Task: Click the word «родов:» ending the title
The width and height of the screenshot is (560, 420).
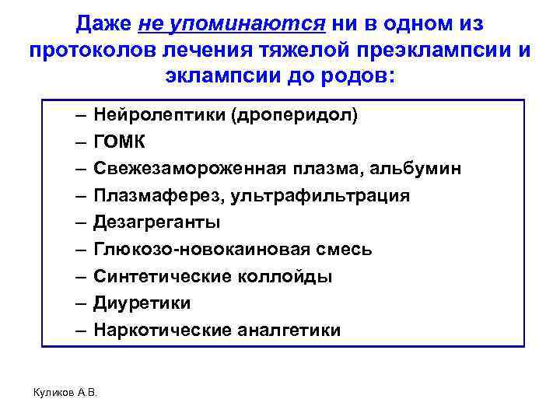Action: coord(359,78)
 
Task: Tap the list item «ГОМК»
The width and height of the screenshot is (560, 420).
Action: coord(119,143)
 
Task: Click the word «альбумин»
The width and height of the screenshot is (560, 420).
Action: coord(419,170)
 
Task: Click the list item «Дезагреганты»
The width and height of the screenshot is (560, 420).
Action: coord(156,223)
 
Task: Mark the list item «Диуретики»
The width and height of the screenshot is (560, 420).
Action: coord(142,303)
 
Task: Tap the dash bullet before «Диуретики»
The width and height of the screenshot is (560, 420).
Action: coord(81,303)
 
